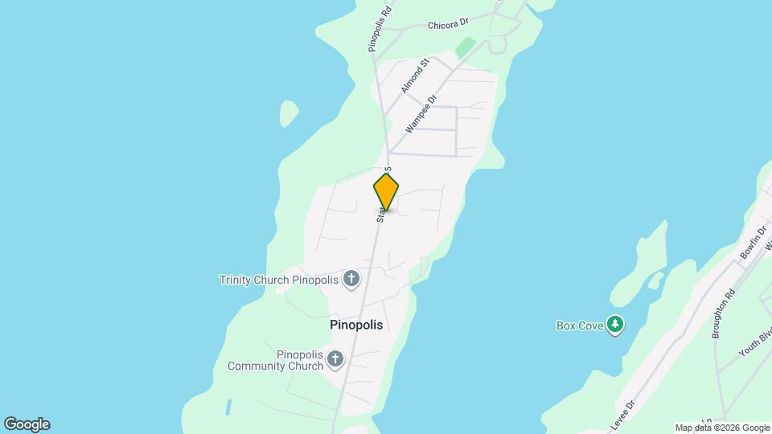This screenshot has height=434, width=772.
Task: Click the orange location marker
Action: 386,191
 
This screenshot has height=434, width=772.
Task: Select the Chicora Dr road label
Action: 448,24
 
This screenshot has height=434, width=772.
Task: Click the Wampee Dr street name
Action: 421,113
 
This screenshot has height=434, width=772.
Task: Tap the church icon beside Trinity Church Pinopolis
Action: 351,280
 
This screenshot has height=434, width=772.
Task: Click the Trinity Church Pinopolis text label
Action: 279,280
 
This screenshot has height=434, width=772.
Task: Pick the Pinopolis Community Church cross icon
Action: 335,359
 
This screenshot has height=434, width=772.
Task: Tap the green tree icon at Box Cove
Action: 615,325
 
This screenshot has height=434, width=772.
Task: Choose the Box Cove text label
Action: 579,325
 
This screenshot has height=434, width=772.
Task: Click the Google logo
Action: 27,424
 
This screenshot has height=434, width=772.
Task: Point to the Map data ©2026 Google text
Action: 722,428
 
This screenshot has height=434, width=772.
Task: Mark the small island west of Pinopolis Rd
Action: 288,114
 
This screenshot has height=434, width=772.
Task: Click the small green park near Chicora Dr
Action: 464,47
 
